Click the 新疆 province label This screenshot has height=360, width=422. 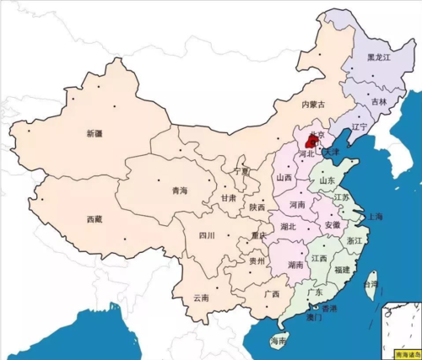point(95,133)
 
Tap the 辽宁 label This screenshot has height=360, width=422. point(360,127)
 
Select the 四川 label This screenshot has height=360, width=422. point(207,235)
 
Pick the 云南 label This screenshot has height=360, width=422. point(201,298)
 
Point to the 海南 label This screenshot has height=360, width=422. point(279,341)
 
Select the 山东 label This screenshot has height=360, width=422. point(325,180)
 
